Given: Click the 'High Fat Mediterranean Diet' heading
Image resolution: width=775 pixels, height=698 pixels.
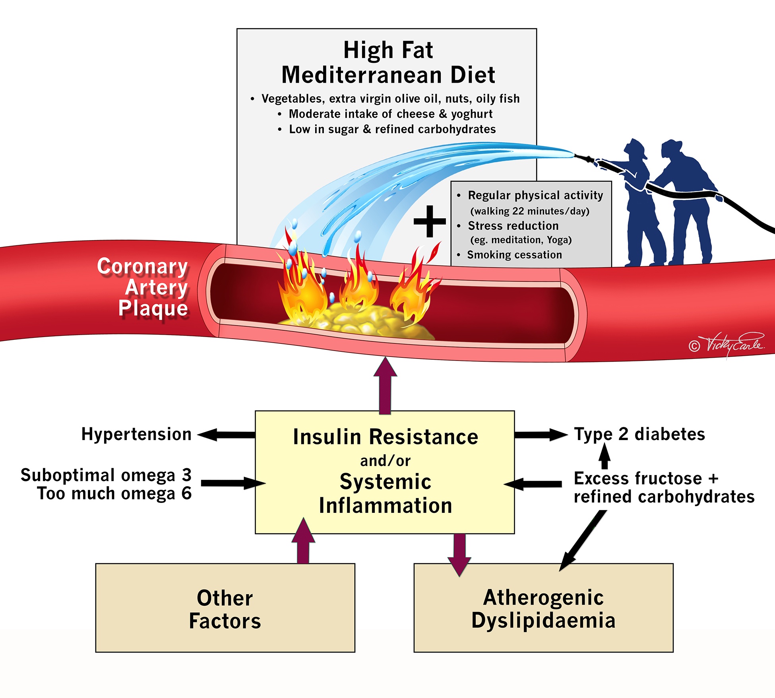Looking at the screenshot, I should (x=388, y=62).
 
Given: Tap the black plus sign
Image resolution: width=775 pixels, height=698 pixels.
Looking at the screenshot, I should (x=430, y=221).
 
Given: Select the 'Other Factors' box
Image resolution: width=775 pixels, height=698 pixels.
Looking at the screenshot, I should (x=225, y=609).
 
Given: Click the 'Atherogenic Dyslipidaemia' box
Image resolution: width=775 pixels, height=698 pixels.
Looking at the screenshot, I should (x=543, y=609).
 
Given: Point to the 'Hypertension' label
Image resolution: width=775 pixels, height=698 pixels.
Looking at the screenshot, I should (x=136, y=434).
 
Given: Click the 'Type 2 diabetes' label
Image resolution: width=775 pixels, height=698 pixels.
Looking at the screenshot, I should (x=639, y=434).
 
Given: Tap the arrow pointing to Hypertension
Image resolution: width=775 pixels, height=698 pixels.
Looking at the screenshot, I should (x=227, y=434).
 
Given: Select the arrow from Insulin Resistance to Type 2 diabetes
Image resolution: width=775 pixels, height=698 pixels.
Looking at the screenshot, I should (x=541, y=434).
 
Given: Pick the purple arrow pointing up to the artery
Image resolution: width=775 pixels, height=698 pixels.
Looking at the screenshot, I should (x=385, y=386).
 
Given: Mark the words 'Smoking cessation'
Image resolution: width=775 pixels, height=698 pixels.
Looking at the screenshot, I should (x=514, y=255).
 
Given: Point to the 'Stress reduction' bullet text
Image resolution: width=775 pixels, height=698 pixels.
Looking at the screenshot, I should (x=513, y=226).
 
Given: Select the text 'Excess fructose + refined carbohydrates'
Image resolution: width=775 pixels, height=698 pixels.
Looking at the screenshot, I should (x=664, y=487).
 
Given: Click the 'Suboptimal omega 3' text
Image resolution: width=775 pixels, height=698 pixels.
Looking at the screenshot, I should (x=106, y=475).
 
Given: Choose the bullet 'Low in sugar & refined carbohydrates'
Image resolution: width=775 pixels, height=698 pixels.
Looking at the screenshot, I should (x=392, y=129).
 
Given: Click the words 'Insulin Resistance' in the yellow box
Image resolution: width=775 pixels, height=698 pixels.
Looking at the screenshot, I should (x=386, y=437).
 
